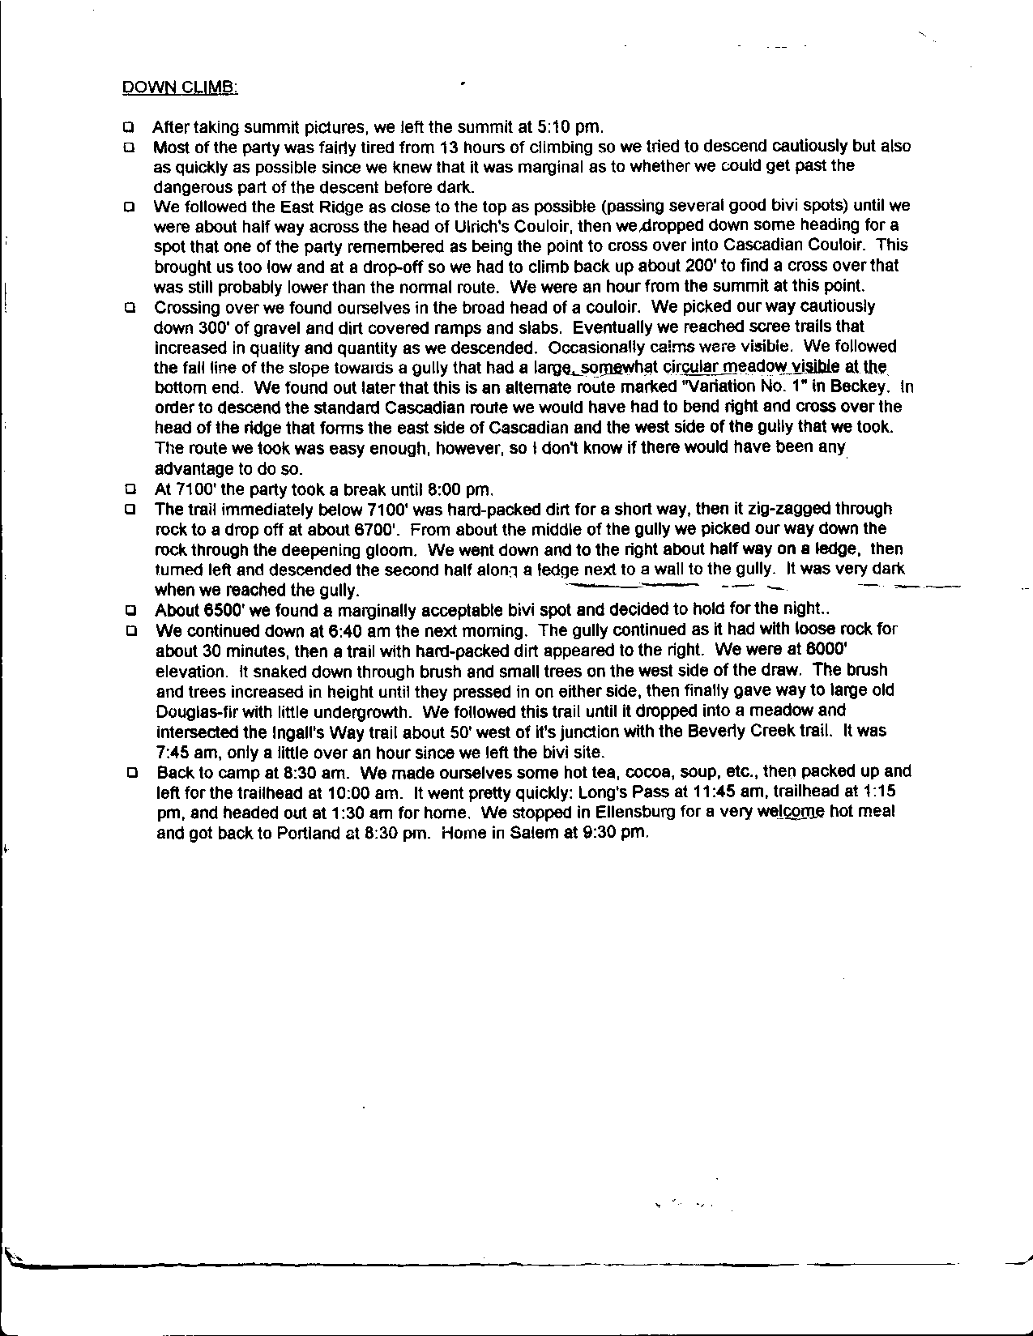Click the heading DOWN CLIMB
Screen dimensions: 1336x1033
pyautogui.click(x=180, y=87)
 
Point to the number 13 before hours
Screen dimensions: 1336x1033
pyautogui.click(x=448, y=147)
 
